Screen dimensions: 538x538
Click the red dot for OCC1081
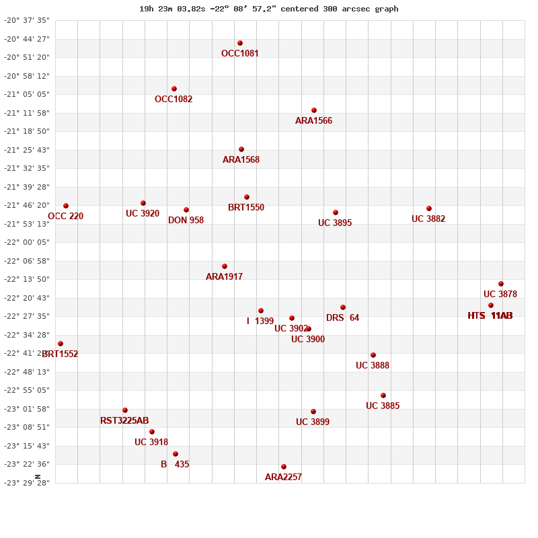point(240,43)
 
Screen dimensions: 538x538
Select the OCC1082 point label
point(174,100)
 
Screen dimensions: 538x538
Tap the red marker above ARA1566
point(314,110)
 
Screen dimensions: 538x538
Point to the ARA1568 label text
point(241,160)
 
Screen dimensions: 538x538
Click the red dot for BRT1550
point(247,197)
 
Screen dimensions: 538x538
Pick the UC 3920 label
point(143,214)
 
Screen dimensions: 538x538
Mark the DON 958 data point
point(186,210)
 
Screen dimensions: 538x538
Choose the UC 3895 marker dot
point(336,213)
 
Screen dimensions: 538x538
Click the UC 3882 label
point(428,219)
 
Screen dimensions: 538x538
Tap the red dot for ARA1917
point(225,266)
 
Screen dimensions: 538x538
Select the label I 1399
point(260,321)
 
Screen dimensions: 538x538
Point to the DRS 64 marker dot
point(343,307)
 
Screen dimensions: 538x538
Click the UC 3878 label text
point(500,295)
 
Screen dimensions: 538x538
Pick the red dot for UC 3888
point(373,355)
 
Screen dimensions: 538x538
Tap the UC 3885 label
point(383,406)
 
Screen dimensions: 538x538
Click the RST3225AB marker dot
point(125,410)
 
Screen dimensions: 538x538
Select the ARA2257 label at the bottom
point(283,477)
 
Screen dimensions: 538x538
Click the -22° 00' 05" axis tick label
point(27,242)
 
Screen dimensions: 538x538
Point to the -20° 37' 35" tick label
point(27,21)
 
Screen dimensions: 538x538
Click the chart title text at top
point(269,9)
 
